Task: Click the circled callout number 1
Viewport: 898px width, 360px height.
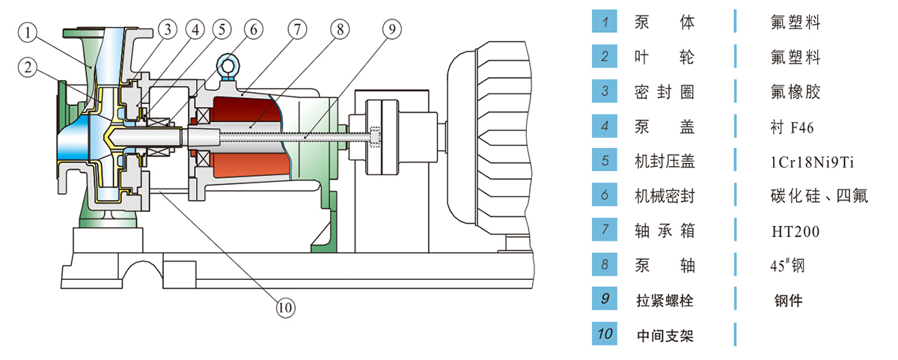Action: coord(28,32)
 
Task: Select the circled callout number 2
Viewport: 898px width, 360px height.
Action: coord(28,67)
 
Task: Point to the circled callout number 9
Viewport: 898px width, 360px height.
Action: coord(391,29)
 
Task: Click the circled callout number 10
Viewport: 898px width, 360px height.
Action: coord(285,306)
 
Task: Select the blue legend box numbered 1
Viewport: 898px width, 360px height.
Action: coord(604,22)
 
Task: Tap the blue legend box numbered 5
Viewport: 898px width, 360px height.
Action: coord(604,161)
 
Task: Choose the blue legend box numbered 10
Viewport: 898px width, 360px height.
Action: coord(604,335)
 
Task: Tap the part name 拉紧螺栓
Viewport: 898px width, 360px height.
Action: coord(665,301)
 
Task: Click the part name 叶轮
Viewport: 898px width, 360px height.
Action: coord(665,57)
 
